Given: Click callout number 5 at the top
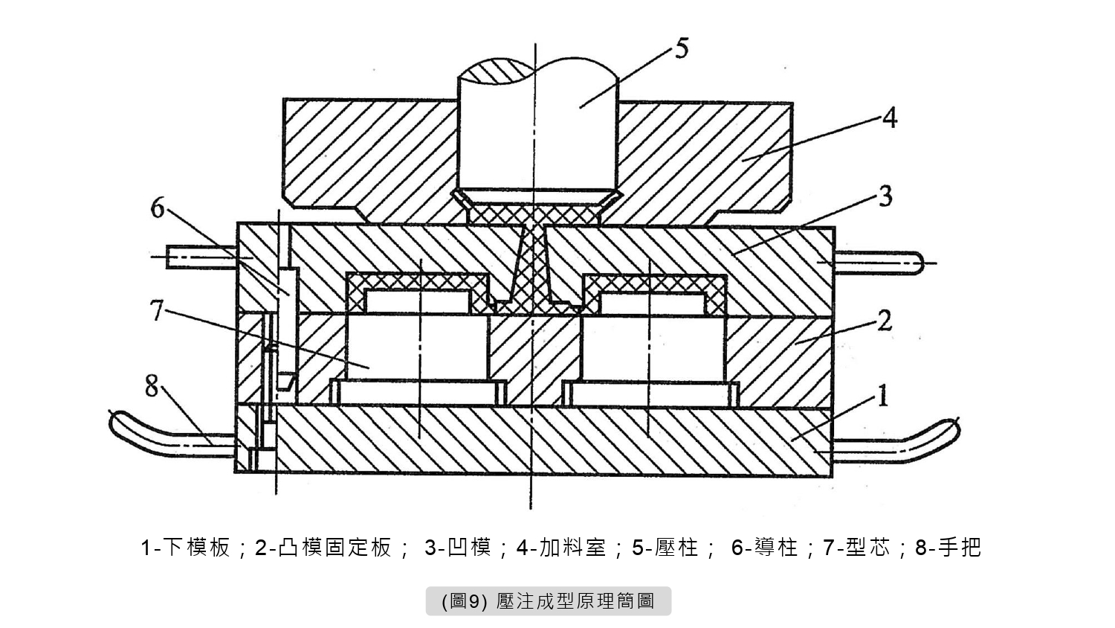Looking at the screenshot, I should coord(681,48).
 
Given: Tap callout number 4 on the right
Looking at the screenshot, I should coord(889,118).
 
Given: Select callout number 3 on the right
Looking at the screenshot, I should coord(884,197).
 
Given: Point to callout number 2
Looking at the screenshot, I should coord(884,321).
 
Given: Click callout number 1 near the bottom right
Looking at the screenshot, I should coord(882,395).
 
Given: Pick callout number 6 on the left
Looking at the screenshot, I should coord(158,208).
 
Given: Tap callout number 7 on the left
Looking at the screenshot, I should coord(157,310).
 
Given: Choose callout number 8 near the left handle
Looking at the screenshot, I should coord(152,386).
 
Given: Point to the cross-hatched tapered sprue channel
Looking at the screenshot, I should coord(534,260).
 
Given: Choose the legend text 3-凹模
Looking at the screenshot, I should coord(458,548).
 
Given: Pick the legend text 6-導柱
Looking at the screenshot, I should coord(765,548).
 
